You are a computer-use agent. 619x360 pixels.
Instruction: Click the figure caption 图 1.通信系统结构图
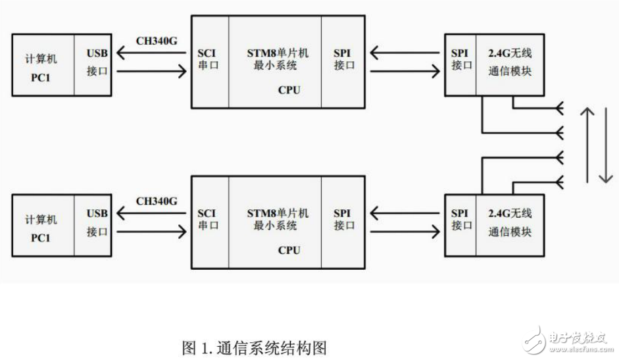click(x=255, y=347)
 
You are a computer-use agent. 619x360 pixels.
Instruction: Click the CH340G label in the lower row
click(x=157, y=200)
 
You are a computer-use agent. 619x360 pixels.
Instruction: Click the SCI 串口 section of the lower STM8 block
click(x=210, y=219)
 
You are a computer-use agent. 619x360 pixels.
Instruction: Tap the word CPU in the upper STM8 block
click(x=288, y=90)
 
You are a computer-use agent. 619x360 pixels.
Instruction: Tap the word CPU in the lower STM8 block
click(x=288, y=250)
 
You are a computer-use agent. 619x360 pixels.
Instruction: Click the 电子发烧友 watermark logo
click(x=564, y=340)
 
